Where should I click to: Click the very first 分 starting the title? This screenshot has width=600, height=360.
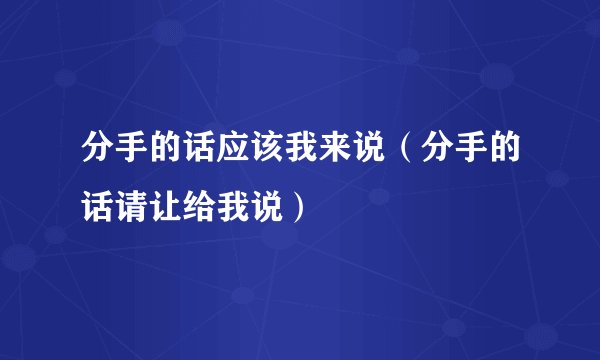tap(97, 155)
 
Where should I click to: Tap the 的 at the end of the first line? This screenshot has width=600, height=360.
tap(503, 155)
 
